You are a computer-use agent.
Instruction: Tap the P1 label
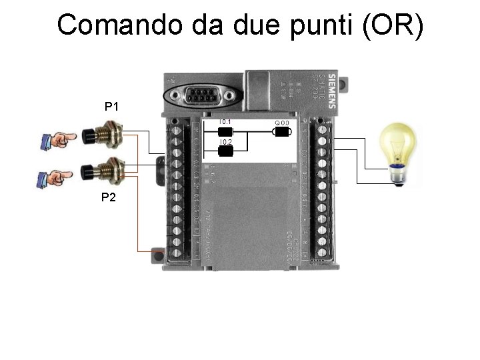coord(111,106)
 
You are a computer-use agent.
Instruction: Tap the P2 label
coord(109,197)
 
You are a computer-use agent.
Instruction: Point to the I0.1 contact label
coord(225,122)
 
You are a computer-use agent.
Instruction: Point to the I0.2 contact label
coord(225,143)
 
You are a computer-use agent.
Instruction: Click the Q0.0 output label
coord(282,123)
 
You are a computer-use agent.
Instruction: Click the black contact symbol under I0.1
coord(225,132)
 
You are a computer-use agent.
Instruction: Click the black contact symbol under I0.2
coord(225,151)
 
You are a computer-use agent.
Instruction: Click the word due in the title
coord(247,25)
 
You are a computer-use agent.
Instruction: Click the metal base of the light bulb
coord(399,175)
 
